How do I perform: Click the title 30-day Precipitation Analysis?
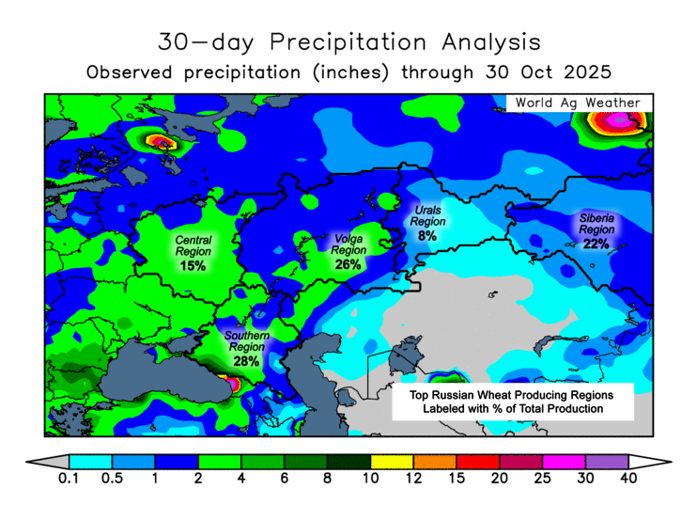pyautogui.click(x=348, y=42)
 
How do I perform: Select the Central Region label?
pyautogui.click(x=193, y=245)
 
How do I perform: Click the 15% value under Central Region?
pyautogui.click(x=193, y=266)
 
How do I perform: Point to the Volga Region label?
pyautogui.click(x=348, y=245)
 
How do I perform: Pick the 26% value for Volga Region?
pyautogui.click(x=348, y=264)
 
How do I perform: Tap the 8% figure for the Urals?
pyautogui.click(x=427, y=236)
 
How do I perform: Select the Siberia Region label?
pyautogui.click(x=596, y=224)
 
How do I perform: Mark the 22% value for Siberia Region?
pyautogui.click(x=596, y=244)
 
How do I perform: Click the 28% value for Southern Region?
pyautogui.click(x=246, y=361)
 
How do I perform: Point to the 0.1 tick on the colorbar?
pyautogui.click(x=69, y=480)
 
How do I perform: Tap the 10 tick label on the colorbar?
pyautogui.click(x=370, y=480)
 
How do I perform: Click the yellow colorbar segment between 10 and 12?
pyautogui.click(x=392, y=461)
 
